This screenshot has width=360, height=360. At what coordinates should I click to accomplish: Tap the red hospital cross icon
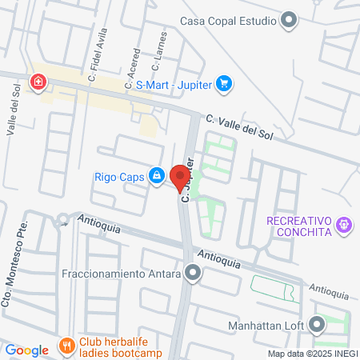click(x=37, y=82)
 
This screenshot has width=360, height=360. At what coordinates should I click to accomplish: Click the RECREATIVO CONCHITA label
click(x=300, y=226)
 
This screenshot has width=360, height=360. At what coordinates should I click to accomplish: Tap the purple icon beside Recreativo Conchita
click(x=344, y=226)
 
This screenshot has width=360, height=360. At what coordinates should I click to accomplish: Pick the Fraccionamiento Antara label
click(x=119, y=274)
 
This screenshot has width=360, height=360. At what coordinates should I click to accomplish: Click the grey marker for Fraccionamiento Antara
click(x=192, y=274)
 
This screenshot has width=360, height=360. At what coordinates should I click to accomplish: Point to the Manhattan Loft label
click(x=265, y=325)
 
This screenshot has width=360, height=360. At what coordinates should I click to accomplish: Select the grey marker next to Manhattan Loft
click(x=318, y=325)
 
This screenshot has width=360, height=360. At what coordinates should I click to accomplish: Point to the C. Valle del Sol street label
click(x=240, y=125)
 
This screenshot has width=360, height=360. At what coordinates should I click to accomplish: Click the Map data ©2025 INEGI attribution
click(x=312, y=354)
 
